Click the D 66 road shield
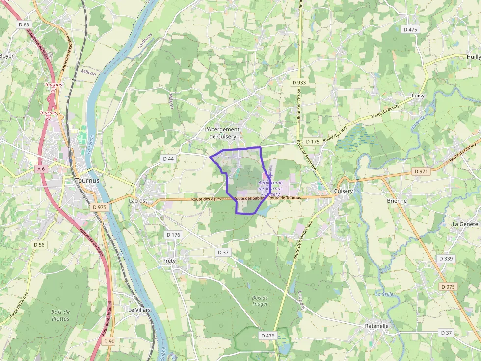click(24, 24)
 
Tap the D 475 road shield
click(410, 29)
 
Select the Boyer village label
click(7, 56)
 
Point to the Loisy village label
click(418, 96)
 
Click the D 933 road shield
click(297, 82)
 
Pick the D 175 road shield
click(312, 141)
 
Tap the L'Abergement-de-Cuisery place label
click(223, 133)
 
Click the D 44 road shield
click(168, 159)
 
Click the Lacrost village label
click(138, 201)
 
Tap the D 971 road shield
click(421, 172)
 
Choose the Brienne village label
click(397, 201)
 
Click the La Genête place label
click(465, 224)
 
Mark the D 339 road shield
click(446, 258)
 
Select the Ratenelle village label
click(377, 326)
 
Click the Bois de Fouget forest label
click(259, 301)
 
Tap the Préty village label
click(168, 261)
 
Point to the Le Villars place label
click(139, 310)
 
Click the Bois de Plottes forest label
click(60, 315)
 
